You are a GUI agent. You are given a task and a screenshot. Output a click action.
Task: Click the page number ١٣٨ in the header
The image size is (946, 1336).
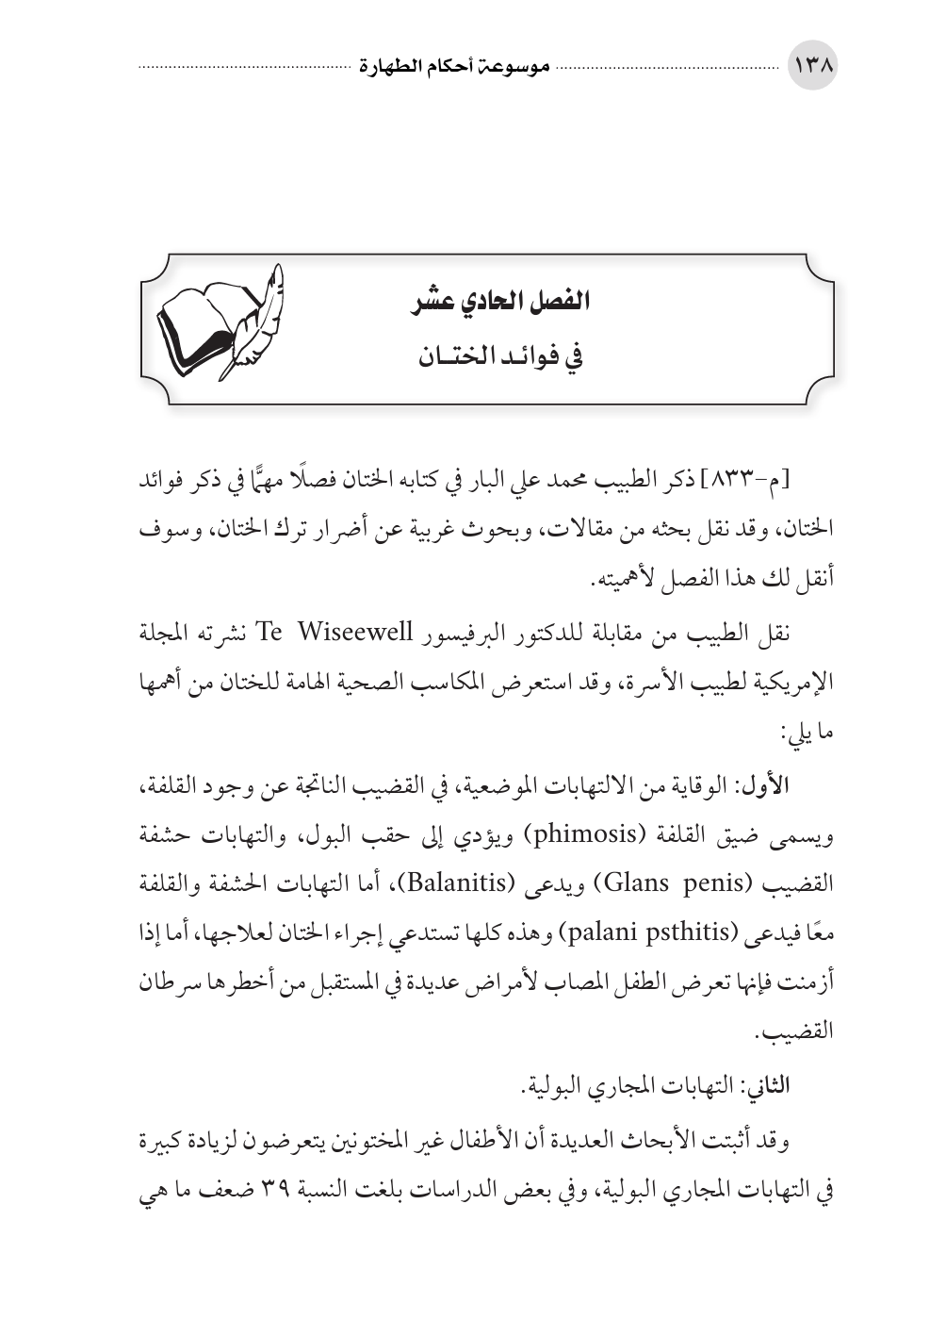click(x=812, y=68)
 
